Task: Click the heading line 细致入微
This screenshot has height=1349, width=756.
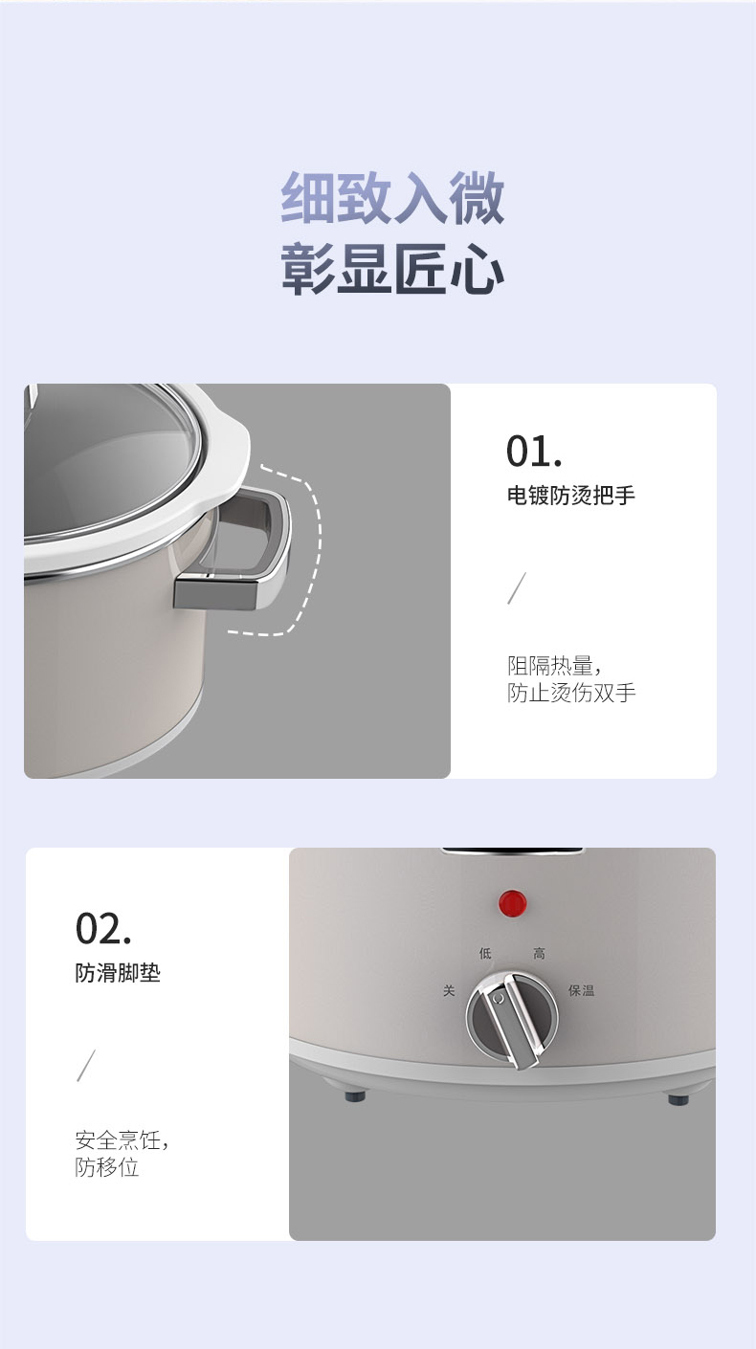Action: pyautogui.click(x=392, y=197)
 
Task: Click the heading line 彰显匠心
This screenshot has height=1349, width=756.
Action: pyautogui.click(x=392, y=269)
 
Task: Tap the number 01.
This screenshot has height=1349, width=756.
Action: pyautogui.click(x=534, y=451)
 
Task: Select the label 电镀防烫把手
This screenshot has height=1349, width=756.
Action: pyautogui.click(x=570, y=495)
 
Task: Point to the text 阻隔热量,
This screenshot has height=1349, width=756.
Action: pyautogui.click(x=553, y=666)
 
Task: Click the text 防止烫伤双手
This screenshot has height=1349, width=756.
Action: pyautogui.click(x=571, y=693)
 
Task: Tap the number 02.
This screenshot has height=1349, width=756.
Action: pyautogui.click(x=103, y=929)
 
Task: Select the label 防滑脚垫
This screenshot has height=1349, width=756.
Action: pyautogui.click(x=118, y=973)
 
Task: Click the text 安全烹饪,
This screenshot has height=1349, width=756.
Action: pyautogui.click(x=122, y=1140)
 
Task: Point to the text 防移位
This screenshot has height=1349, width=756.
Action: pyautogui.click(x=107, y=1167)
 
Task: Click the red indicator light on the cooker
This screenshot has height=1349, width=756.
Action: pyautogui.click(x=513, y=903)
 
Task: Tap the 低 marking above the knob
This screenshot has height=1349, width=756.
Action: pyautogui.click(x=485, y=953)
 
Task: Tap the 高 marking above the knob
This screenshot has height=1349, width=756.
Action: pyautogui.click(x=539, y=953)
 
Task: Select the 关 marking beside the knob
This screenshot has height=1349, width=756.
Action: pyautogui.click(x=449, y=990)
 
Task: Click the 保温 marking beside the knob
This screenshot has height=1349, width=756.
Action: pyautogui.click(x=581, y=990)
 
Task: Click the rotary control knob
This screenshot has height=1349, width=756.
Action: pyautogui.click(x=512, y=1018)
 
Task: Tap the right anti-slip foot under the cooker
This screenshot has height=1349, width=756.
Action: pyautogui.click(x=678, y=1099)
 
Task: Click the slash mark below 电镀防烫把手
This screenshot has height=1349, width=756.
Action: pyautogui.click(x=516, y=587)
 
